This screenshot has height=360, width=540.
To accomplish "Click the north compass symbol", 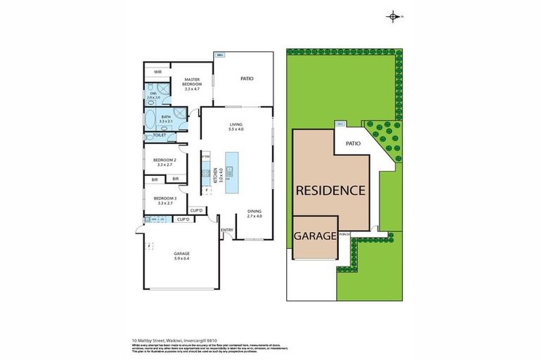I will tap(393, 16).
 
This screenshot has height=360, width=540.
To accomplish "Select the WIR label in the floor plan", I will tap(158, 72).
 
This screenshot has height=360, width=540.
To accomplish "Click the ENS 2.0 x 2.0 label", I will tap(154, 96).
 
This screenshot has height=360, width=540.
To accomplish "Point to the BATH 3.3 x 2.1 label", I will tap(166, 119).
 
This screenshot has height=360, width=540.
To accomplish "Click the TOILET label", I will tap(159, 135).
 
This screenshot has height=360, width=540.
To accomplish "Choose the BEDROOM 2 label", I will tap(165, 162).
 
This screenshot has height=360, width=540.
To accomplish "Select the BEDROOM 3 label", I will tap(165, 200).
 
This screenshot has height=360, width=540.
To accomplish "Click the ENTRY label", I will tap(227, 230).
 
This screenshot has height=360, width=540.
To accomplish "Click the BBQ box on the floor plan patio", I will tap(220, 54).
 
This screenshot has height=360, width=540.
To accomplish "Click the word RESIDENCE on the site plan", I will tap(330, 190).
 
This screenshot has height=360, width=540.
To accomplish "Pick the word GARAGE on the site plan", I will tap(314, 236).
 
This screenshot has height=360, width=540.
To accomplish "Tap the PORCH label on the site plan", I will tap(344, 235).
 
